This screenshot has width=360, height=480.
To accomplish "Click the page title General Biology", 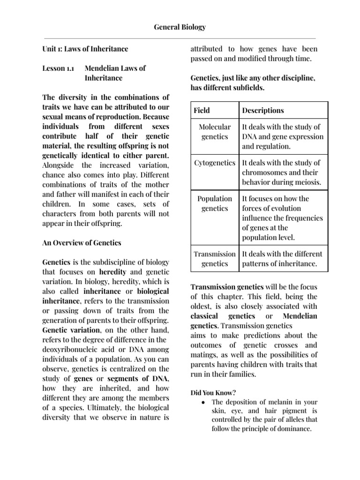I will coord(180,27).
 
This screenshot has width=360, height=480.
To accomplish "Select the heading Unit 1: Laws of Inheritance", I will coord(85,49).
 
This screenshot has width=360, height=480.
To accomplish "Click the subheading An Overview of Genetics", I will coord(82,243).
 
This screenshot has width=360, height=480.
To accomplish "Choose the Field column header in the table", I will coord(202,111).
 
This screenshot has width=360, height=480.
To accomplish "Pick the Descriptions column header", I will coord(262,111).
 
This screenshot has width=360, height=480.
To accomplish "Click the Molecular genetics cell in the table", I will coord(215,132).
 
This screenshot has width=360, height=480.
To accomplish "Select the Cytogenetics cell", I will coord(215,163).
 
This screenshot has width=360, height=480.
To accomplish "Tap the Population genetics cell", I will coord(215,203).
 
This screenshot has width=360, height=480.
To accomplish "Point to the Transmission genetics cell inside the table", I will coord(215,259).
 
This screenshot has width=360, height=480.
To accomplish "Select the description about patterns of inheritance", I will coord(282,259).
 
